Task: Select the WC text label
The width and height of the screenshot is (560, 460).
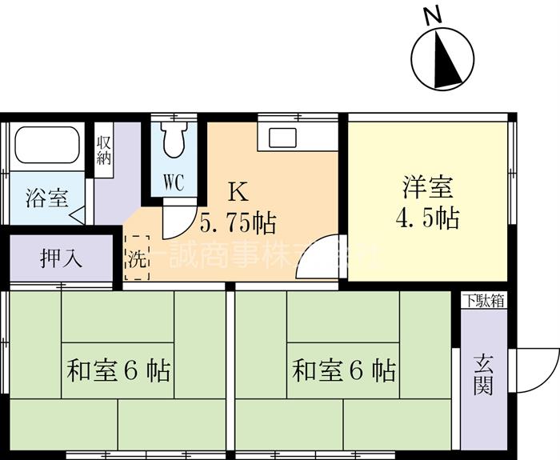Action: point(174,182)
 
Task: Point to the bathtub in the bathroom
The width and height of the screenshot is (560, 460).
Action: point(46,146)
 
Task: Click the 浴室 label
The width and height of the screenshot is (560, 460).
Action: point(46,198)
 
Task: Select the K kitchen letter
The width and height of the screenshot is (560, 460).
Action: point(238,192)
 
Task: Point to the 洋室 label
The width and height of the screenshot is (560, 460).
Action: point(427,188)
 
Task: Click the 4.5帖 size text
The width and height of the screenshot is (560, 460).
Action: point(427,218)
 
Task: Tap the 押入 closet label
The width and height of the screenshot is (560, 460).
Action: point(60,258)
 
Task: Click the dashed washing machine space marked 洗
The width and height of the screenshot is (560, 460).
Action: point(136,258)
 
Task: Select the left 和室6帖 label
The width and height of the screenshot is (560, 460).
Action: point(118,371)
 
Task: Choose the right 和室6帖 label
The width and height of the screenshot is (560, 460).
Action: point(343,371)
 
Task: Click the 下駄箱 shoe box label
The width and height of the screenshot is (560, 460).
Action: point(482,301)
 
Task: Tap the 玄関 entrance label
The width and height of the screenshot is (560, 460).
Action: point(483,374)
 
